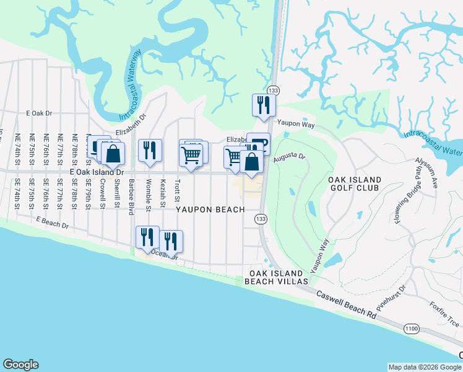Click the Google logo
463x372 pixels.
(x=20, y=365)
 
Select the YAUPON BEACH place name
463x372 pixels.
(x=210, y=210)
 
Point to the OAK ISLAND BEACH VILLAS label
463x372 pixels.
(x=276, y=277)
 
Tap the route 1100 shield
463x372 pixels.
(x=410, y=328)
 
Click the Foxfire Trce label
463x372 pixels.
(x=445, y=314)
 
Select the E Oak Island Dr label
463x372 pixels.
(x=97, y=172)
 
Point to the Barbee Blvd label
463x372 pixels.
(x=131, y=197)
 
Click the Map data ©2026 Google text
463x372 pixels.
(x=425, y=367)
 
